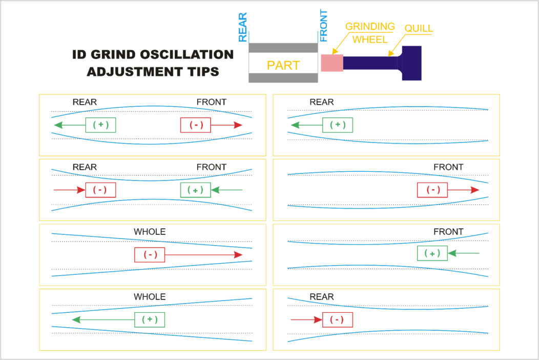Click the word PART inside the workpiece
tap(283, 66)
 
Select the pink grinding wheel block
tap(331, 63)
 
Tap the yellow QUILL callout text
tap(419, 29)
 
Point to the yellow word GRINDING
tap(370, 26)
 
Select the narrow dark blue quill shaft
tap(370, 63)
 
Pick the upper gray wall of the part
tap(283, 48)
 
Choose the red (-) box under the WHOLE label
tap(150, 255)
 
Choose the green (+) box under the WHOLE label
tap(150, 319)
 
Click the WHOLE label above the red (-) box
tap(150, 232)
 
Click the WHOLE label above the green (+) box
tap(150, 296)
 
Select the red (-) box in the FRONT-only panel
tap(433, 190)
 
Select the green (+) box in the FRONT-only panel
tap(432, 253)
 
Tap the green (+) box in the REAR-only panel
tap(338, 125)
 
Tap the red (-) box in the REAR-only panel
tap(337, 320)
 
